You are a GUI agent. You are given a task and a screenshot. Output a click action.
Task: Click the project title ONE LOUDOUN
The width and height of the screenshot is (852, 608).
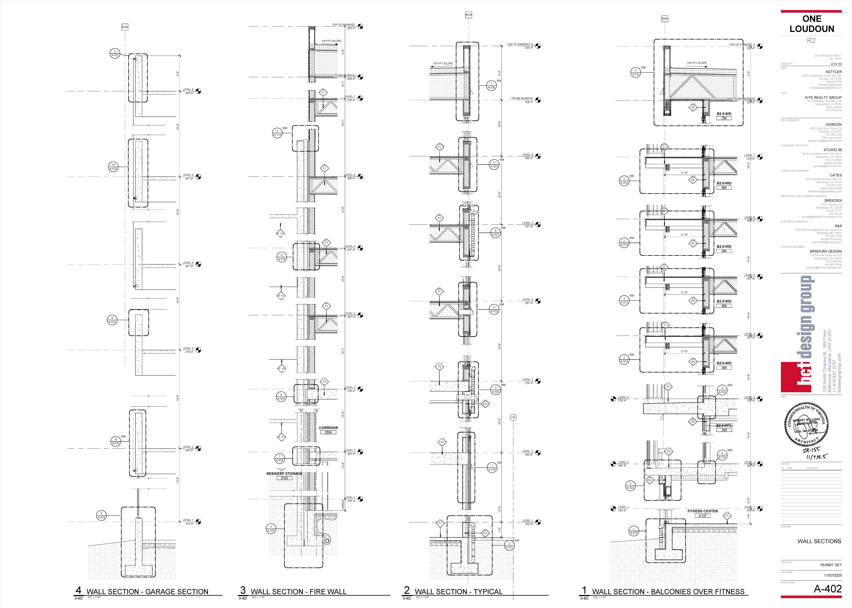[x=812, y=24]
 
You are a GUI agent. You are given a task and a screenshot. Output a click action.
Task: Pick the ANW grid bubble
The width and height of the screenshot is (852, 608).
[x=125, y=27]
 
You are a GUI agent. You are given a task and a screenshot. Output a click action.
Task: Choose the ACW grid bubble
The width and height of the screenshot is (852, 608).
[x=468, y=15]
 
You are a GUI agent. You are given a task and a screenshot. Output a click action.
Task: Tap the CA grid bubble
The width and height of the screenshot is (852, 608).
[x=513, y=417]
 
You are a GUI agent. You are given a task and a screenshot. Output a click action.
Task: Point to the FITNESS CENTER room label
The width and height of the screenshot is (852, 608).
[x=702, y=511]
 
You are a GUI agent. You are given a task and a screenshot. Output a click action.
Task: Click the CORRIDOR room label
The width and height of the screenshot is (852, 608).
[x=328, y=428]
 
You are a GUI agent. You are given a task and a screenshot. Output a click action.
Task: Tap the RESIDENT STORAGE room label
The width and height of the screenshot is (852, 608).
[x=284, y=474]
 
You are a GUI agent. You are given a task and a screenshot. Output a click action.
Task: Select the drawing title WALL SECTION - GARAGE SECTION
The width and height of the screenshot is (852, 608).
[x=147, y=591]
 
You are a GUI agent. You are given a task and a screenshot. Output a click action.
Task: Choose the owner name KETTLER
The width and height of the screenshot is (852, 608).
[x=834, y=72]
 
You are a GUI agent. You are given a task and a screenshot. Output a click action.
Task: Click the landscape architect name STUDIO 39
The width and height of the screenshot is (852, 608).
[x=833, y=150]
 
